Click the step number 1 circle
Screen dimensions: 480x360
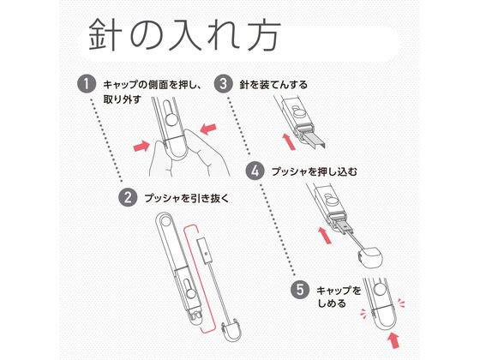pos(86,84)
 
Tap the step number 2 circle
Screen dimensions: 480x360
pos(128,197)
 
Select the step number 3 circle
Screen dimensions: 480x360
pos(223,84)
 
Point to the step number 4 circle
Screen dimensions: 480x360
pos(255,171)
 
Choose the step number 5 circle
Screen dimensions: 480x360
pos(300,290)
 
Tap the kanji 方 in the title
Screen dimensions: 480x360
pos(264,34)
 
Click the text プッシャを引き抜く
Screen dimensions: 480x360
pos(187,198)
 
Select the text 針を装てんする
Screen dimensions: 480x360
pos(273,85)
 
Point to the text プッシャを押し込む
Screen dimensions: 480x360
pos(315,171)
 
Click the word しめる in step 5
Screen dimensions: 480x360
pos(332,303)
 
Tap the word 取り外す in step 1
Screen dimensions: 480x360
pos(122,99)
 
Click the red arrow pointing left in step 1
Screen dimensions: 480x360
pos(208,129)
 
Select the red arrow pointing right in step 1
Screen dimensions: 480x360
pos(142,146)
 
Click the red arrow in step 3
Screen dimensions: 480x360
pos(289,141)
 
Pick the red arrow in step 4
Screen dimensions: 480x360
pos(325,235)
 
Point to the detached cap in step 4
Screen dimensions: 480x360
pos(369,257)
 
